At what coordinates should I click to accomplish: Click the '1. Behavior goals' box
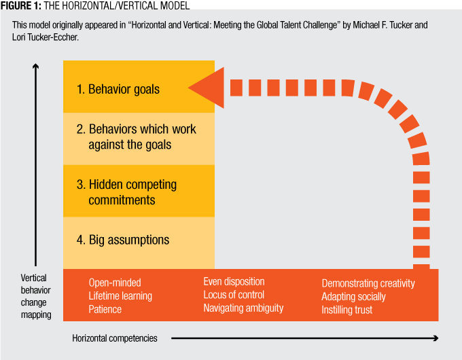139,87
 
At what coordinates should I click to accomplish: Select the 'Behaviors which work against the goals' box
139,139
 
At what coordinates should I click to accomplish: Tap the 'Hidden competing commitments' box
139,191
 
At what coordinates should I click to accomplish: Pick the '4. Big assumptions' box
139,243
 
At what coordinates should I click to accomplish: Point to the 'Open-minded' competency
115,283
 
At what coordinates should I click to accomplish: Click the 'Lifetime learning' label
120,296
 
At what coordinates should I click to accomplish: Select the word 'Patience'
105,309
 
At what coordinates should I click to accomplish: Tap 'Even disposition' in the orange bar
234,282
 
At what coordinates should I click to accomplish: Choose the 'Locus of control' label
234,295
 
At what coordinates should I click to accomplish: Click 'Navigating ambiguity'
243,308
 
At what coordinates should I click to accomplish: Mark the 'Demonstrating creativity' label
368,283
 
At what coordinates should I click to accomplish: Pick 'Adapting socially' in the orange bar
353,297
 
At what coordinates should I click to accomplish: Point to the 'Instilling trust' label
346,310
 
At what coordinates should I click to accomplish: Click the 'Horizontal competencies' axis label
115,338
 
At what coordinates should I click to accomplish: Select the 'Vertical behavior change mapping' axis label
36,296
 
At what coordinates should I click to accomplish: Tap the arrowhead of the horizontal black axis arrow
436,338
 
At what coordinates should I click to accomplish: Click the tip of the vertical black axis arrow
35,64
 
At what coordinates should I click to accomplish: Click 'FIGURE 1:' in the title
21,5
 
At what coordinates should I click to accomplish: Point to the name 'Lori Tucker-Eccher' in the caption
45,37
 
